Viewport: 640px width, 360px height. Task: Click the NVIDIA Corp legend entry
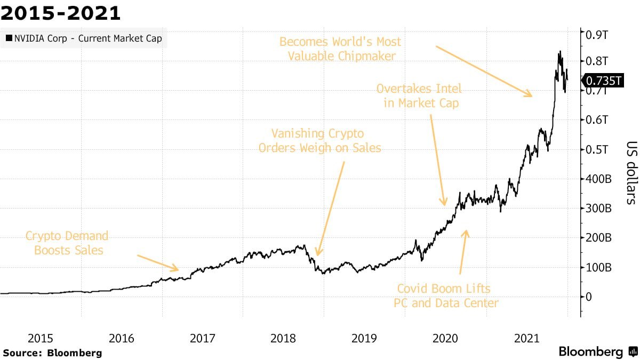pos(84,38)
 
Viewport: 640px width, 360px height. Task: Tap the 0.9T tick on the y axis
pos(598,35)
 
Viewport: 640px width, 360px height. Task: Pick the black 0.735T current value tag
pos(604,81)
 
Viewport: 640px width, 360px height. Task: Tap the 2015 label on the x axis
pos(41,338)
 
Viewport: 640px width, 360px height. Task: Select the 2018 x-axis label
pos(283,338)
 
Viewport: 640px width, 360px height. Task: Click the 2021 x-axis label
pos(526,338)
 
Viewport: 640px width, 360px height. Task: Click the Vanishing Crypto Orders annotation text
pos(319,140)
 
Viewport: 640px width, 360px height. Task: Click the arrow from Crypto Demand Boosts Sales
pos(158,263)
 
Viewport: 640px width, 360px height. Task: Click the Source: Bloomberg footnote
pos(52,353)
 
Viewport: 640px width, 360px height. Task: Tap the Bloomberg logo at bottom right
pos(597,351)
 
